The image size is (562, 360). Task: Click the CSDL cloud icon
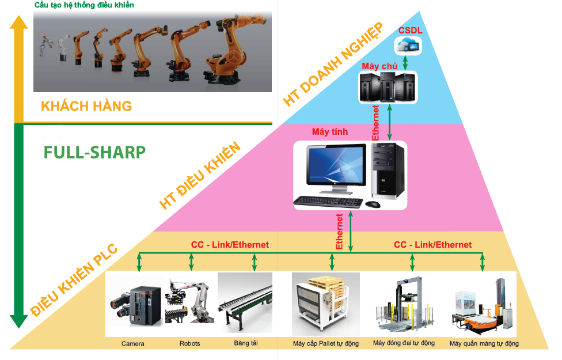click(x=408, y=46)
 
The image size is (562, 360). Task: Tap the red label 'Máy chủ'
click(x=379, y=66)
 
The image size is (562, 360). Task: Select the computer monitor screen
click(x=336, y=165)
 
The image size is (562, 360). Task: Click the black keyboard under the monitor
click(x=328, y=203)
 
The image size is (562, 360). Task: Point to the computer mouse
click(x=373, y=204)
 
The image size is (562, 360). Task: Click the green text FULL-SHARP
click(x=94, y=153)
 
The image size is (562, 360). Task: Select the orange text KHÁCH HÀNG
click(x=86, y=106)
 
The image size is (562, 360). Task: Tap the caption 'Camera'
click(x=132, y=343)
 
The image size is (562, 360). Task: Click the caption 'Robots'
click(x=189, y=343)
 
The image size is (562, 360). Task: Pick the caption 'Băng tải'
click(x=246, y=343)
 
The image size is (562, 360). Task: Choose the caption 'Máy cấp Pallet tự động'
click(x=326, y=343)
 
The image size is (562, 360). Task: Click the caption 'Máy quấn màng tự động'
click(x=484, y=343)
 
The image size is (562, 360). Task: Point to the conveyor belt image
click(x=245, y=303)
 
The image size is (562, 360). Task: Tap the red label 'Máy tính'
click(x=330, y=131)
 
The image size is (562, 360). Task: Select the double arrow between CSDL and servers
click(x=405, y=63)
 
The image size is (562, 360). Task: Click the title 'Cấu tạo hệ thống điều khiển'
click(x=84, y=5)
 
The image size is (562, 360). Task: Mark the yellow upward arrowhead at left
click(x=18, y=22)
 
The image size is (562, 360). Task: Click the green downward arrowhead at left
click(x=18, y=321)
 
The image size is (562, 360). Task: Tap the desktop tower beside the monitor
click(x=388, y=170)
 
